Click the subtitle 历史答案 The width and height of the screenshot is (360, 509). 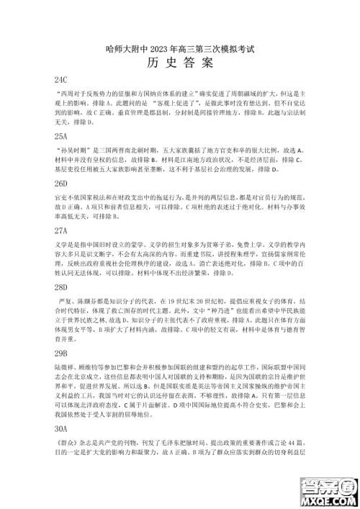click(x=180, y=62)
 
